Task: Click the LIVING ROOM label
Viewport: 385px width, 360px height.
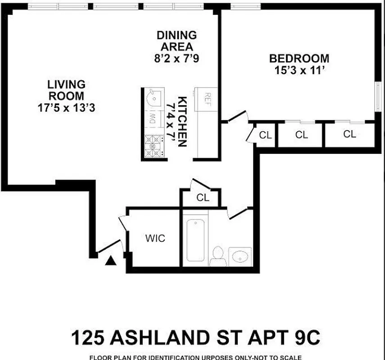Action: point(66,90)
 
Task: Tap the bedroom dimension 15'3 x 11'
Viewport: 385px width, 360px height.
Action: point(299,71)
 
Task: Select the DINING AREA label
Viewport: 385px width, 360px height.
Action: point(177,40)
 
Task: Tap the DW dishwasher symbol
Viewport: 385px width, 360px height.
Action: point(152,119)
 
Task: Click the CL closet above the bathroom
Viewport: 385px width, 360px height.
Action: point(203,198)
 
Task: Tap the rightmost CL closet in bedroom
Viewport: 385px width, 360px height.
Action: point(349,134)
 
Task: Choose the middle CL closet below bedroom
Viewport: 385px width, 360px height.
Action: point(301,135)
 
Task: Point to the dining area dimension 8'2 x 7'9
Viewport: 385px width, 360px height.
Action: point(177,58)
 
